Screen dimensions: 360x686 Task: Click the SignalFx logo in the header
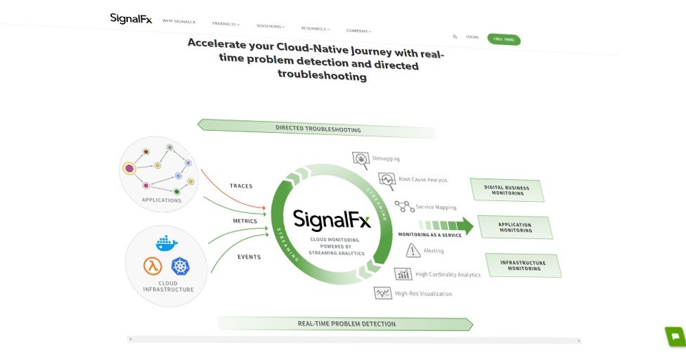[131, 18]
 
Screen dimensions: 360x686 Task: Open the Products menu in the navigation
[225, 24]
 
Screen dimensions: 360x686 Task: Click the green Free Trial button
[504, 39]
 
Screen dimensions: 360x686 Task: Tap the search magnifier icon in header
[455, 36]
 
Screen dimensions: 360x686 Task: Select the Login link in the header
[472, 37]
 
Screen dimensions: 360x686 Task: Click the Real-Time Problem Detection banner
[346, 323]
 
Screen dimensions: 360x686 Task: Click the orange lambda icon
[153, 266]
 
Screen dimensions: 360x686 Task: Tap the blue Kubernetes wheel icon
[181, 266]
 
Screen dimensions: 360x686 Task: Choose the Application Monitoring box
[515, 227]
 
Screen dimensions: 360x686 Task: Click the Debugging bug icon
[361, 158]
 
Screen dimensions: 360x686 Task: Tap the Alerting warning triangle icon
[413, 250]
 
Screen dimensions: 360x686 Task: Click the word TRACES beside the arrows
[241, 186]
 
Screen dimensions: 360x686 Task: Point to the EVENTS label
[249, 257]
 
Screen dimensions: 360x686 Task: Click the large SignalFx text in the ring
[330, 219]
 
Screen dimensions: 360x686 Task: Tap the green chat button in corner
[675, 336]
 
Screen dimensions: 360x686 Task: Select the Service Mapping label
[436, 207]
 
